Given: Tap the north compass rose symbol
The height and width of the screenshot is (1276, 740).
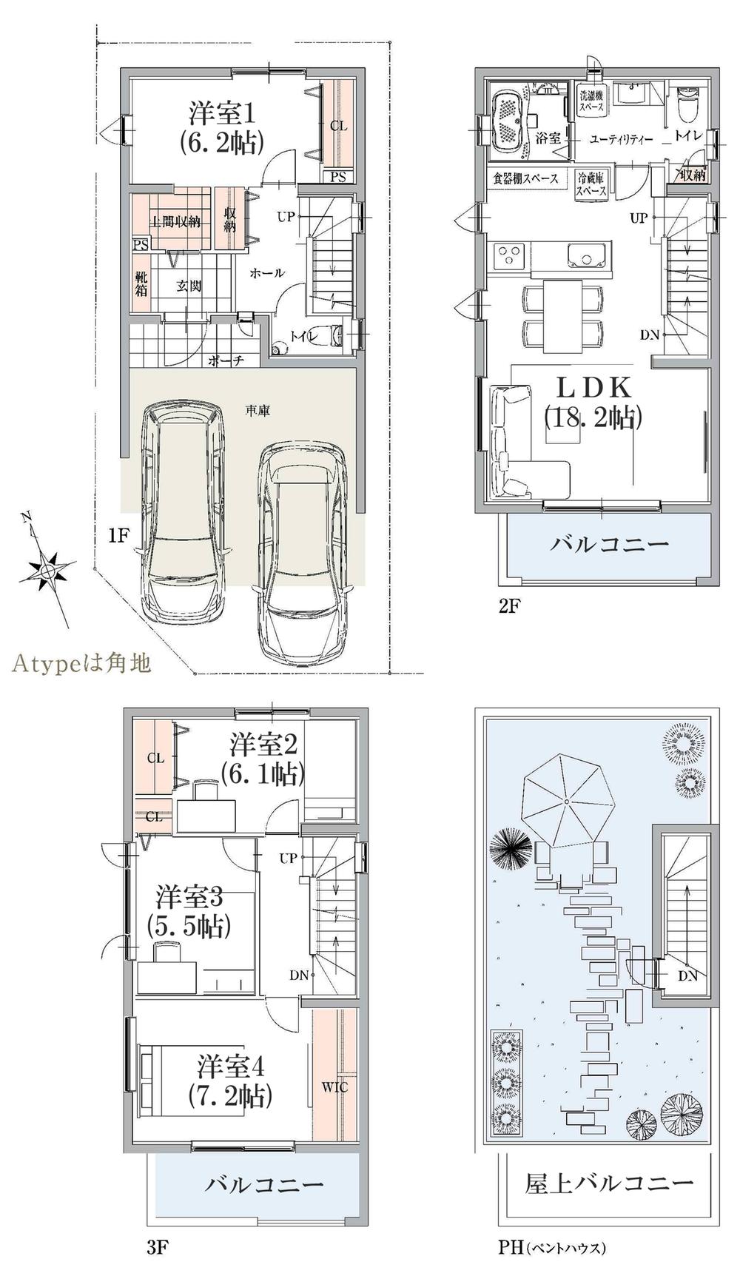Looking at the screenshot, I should point(48,570).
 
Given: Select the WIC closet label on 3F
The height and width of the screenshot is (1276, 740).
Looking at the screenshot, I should point(334,1087).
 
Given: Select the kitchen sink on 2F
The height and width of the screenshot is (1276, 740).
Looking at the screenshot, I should point(588,257).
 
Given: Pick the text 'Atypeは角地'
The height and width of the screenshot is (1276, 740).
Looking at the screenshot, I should point(81,662).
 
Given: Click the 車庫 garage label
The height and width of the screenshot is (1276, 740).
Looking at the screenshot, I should point(258,410).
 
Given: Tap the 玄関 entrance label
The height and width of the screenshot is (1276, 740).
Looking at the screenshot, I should point(189,286).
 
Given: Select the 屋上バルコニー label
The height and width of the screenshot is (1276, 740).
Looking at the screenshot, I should point(608,1183).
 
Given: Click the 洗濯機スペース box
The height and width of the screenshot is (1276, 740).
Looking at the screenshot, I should point(592,101).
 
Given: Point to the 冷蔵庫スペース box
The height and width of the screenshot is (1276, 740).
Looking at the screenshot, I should point(591,183).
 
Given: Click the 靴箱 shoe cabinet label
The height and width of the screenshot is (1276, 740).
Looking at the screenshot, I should point(141,283).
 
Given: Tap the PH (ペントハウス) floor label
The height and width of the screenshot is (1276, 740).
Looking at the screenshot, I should point(551,1247).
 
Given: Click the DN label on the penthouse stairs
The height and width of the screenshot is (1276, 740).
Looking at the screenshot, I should point(687,976).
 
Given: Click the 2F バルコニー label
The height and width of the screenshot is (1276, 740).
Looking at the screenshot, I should point(609,545).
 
